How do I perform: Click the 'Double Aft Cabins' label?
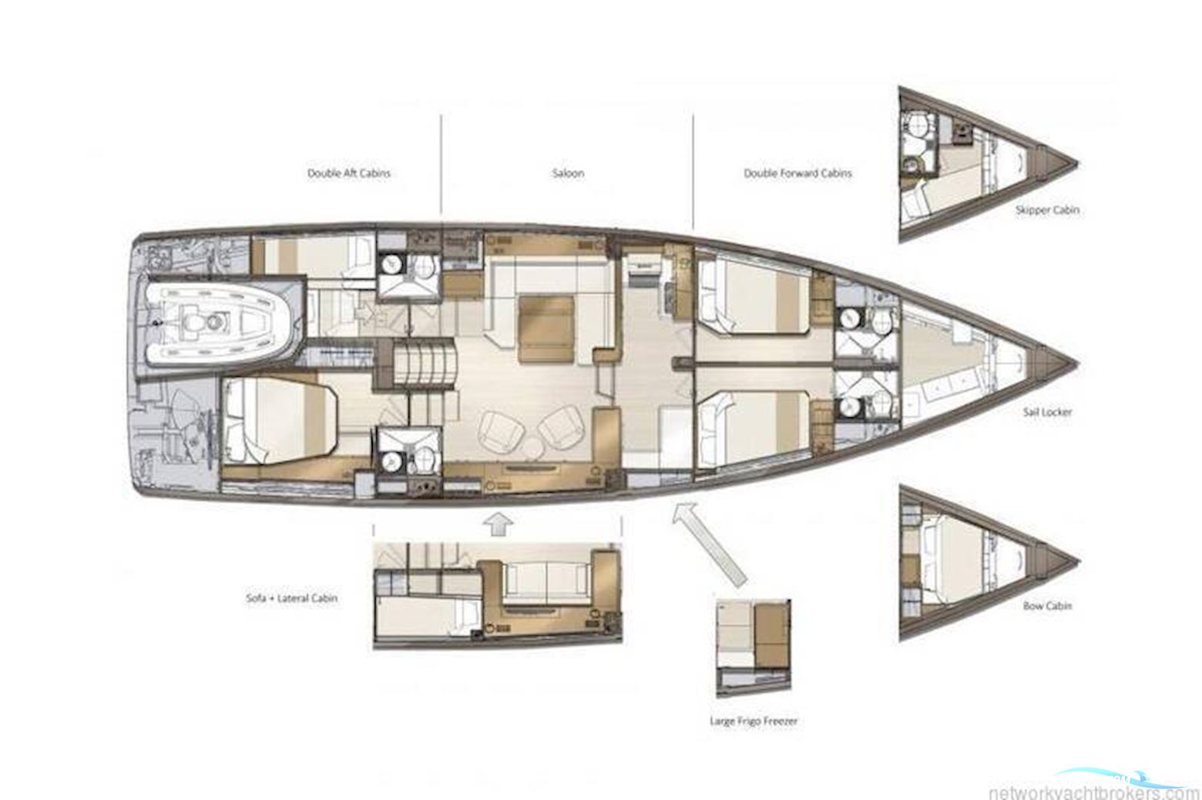348,173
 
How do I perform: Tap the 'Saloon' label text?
568,173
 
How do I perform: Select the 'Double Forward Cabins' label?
797,173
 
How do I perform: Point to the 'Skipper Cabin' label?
1047,209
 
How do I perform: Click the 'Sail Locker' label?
1047,412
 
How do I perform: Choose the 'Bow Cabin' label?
1047,606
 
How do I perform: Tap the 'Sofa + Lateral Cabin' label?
291,597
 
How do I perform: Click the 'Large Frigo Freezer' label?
753,721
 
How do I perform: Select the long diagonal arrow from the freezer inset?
709,544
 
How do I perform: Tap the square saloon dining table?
546,329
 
